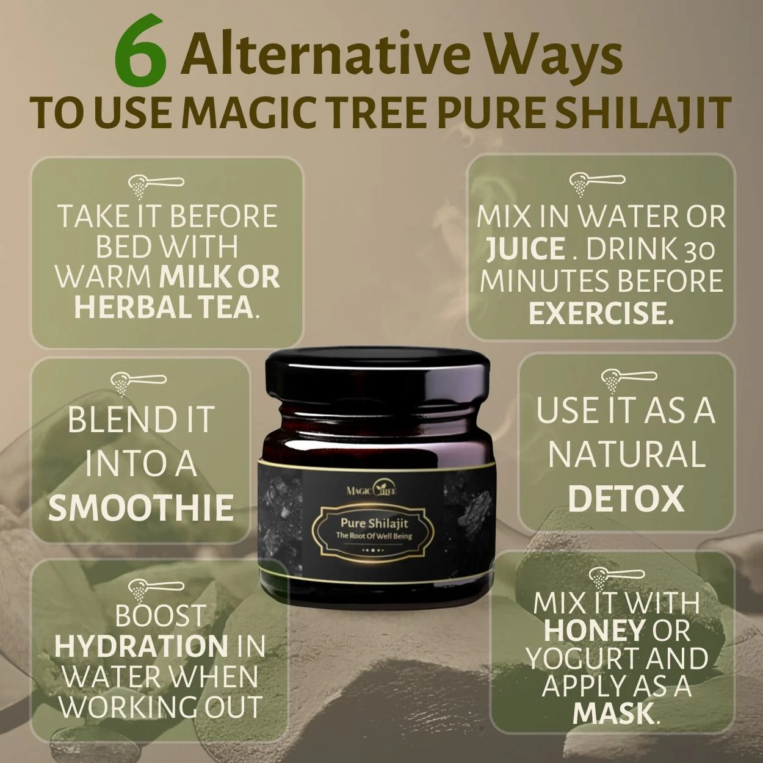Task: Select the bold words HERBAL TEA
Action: (x=163, y=306)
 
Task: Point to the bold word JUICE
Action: (x=525, y=249)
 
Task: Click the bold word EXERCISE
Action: (x=601, y=313)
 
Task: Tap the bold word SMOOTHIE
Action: (x=141, y=508)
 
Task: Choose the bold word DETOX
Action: (x=626, y=499)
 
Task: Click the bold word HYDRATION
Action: (x=141, y=646)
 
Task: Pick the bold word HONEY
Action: (x=594, y=631)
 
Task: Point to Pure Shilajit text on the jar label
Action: (x=374, y=523)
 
